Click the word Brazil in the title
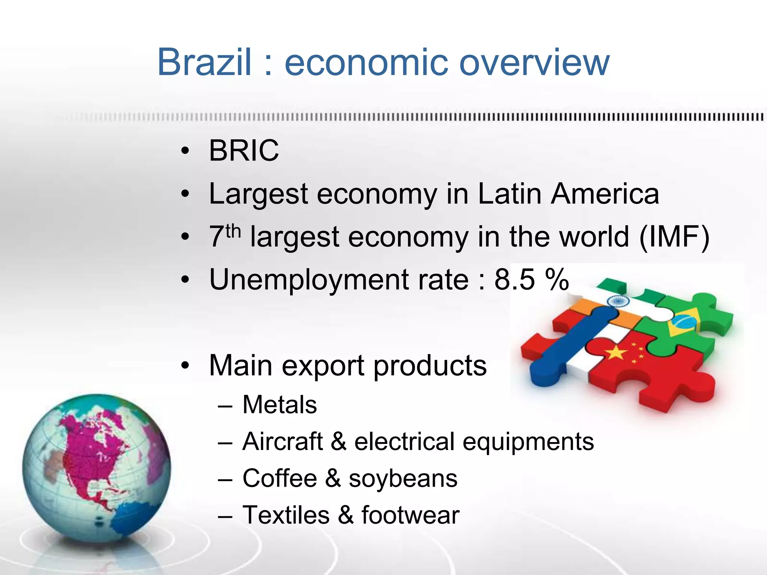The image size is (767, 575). point(204,62)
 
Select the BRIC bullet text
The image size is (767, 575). point(244,151)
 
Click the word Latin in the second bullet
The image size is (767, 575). point(510,194)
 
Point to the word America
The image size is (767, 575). point(605,194)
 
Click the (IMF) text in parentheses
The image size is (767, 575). point(674,237)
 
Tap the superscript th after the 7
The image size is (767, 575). point(233,231)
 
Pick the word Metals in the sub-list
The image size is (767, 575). point(280,405)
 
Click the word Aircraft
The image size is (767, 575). point(283,441)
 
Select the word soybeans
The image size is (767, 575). point(403,479)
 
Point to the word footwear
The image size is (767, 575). point(410,515)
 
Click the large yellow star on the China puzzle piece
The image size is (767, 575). point(615,352)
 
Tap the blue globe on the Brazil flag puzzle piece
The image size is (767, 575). point(682,321)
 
